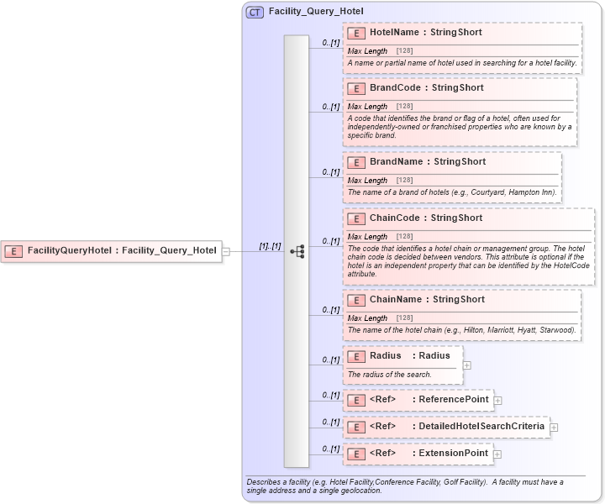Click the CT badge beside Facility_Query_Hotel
[255, 12]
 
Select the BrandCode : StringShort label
[426, 87]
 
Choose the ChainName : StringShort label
[427, 299]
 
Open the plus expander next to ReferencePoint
[497, 401]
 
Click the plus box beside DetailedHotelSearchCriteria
[553, 428]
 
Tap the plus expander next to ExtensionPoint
[497, 454]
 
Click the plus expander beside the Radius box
[467, 365]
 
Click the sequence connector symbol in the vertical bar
[297, 251]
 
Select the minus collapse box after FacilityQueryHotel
[225, 251]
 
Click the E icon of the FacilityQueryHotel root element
[14, 250]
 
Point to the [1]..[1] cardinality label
[270, 245]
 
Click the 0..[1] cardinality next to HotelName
[330, 42]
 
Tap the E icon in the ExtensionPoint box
[356, 454]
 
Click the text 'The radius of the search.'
[390, 375]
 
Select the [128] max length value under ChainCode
[404, 237]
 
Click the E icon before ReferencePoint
[356, 400]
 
